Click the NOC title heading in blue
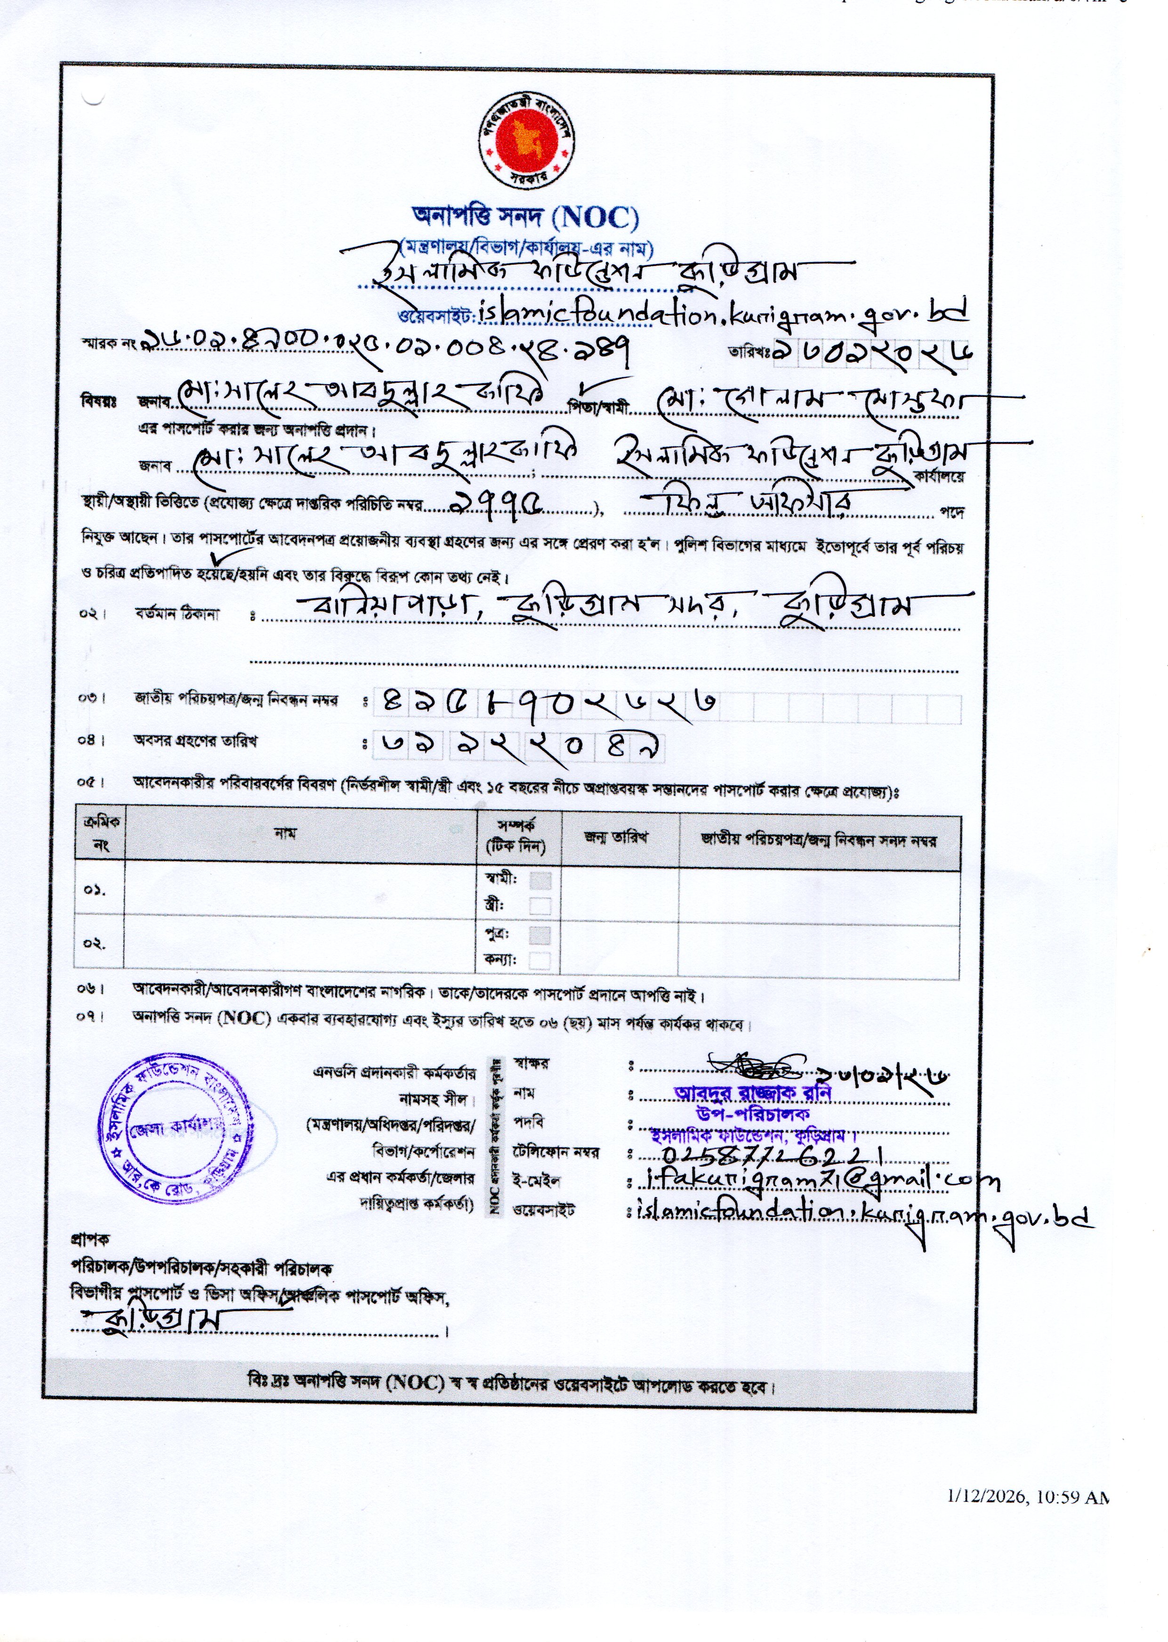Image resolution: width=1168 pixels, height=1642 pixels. tap(524, 216)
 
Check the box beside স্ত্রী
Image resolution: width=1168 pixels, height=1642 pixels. tap(540, 906)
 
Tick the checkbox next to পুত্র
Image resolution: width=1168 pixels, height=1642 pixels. tap(540, 935)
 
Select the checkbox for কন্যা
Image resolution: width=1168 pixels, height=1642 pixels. tap(540, 960)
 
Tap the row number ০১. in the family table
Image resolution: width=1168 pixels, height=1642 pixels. tap(94, 890)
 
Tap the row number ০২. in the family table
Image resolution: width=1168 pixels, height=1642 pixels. tap(94, 943)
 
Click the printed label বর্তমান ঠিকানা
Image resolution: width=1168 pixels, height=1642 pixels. tap(176, 614)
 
